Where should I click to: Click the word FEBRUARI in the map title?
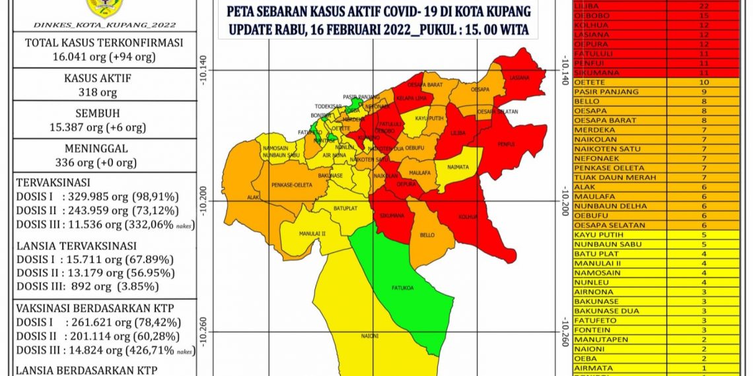(x=340, y=30)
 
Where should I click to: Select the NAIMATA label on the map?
(x=457, y=168)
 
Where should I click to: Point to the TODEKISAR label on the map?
(x=328, y=106)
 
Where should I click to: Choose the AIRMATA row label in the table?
(x=593, y=368)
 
